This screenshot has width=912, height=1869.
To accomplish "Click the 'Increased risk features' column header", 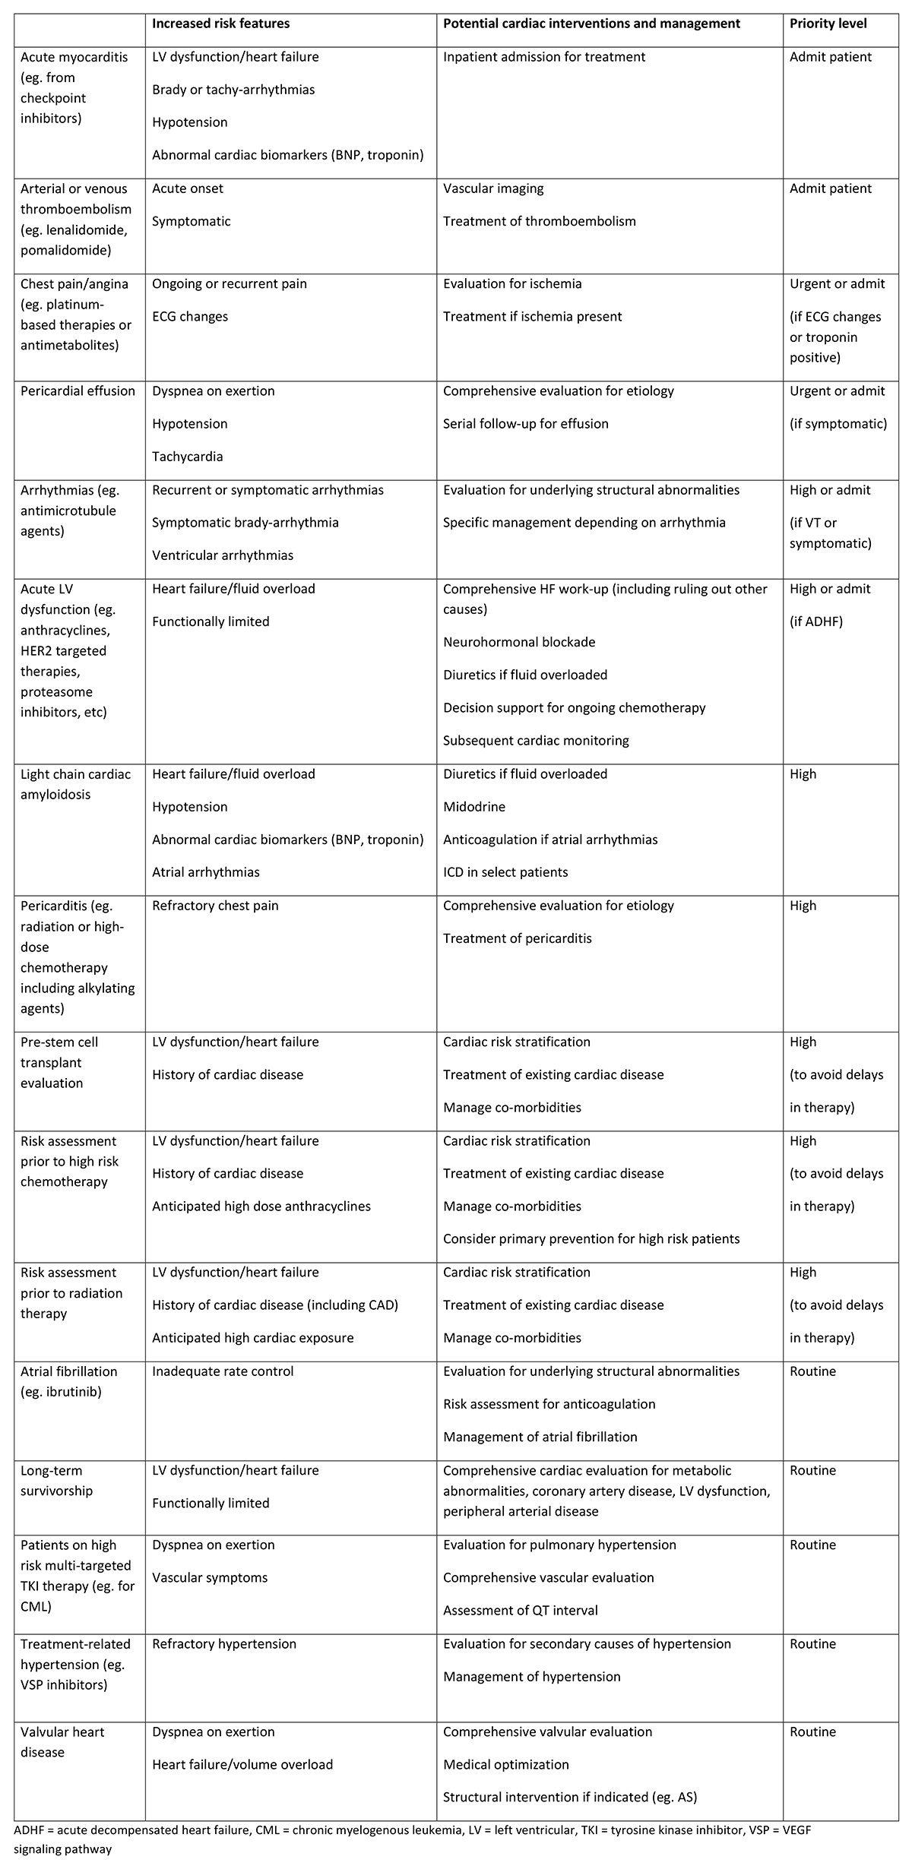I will coord(220,24).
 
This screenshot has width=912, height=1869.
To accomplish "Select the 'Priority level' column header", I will coord(828,24).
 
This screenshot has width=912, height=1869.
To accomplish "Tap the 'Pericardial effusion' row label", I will coord(78,391).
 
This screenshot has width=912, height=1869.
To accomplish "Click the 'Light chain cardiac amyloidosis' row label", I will coord(75,784).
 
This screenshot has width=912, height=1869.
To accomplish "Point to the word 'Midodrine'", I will coord(474,807).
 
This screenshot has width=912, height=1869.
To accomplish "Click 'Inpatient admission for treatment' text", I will coord(544,57).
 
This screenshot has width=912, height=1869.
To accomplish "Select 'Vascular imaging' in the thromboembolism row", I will coord(493,188).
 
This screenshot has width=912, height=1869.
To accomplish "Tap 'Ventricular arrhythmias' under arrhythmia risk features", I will coord(223,555).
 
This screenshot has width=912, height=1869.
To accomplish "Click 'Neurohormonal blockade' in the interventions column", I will coord(519,642).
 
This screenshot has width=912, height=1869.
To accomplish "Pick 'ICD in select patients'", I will coord(505,872).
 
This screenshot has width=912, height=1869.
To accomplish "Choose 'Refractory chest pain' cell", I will coord(215,906).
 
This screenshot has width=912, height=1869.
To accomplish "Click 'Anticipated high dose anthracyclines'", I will coord(261,1206).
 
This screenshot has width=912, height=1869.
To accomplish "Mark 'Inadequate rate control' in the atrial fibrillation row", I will coord(223,1371).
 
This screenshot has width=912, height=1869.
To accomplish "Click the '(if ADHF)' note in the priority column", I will coord(816,621).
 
